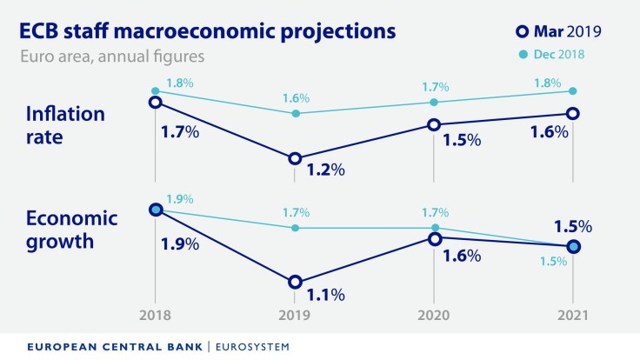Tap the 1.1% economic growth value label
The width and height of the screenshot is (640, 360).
(x=325, y=294)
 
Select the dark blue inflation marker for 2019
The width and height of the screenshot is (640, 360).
(x=295, y=158)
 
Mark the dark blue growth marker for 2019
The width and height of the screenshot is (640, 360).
(x=295, y=282)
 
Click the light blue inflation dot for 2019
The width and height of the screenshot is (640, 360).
(x=295, y=113)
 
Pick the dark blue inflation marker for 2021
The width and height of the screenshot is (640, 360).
(x=573, y=113)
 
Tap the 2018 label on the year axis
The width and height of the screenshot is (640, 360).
(x=156, y=313)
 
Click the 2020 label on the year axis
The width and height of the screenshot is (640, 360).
(x=434, y=313)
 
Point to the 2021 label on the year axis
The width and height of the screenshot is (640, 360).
(x=573, y=313)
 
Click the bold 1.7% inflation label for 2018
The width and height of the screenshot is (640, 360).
(x=180, y=135)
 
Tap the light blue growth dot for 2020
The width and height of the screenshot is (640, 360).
(x=434, y=228)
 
